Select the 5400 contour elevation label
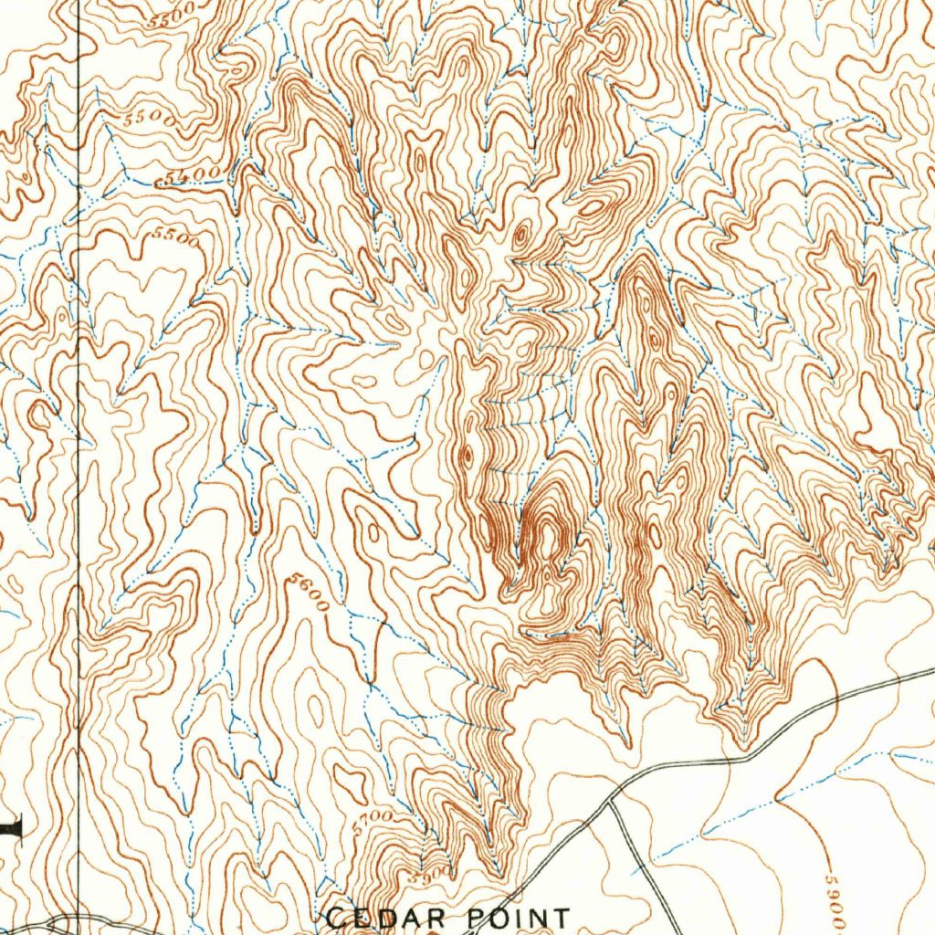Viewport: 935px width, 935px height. tap(192, 173)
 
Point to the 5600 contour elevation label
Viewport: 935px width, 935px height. tap(307, 593)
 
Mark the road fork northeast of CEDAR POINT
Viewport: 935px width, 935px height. tap(610, 800)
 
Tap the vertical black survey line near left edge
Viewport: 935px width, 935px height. tap(79, 457)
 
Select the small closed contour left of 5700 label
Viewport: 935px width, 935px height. tap(348, 775)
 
